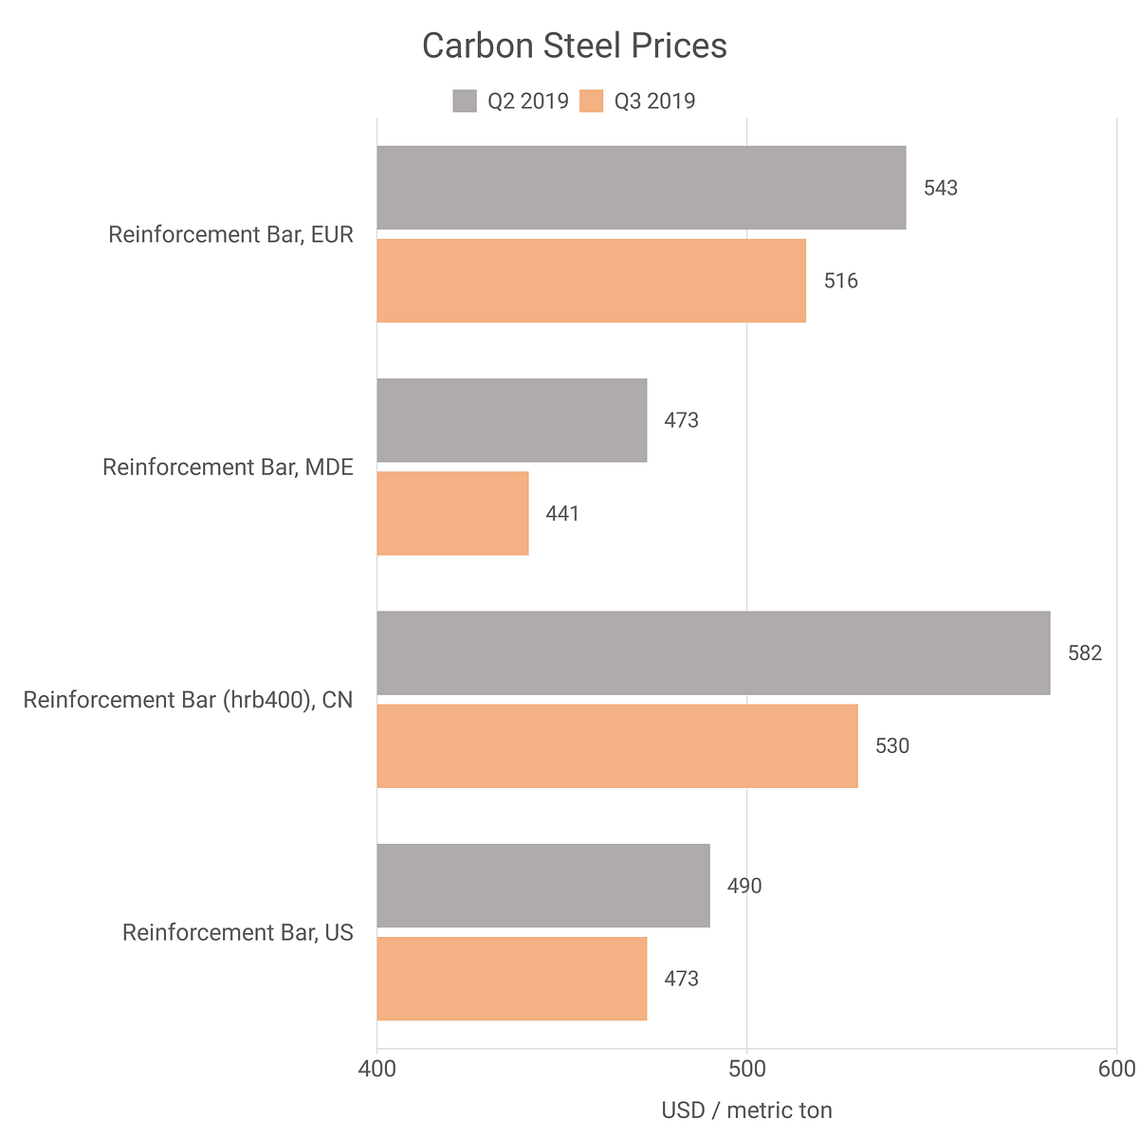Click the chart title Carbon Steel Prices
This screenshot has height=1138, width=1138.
(574, 46)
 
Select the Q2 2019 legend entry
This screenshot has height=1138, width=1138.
(511, 101)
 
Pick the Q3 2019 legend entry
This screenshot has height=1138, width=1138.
(637, 101)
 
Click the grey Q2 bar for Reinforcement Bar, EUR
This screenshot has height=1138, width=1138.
(641, 188)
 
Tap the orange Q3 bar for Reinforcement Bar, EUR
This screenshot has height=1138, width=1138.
(591, 281)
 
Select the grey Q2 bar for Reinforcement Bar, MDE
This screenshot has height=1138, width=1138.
(512, 420)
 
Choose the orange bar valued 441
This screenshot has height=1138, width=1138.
(452, 513)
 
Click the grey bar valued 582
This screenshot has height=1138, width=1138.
(713, 652)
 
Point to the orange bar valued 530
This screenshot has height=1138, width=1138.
(617, 745)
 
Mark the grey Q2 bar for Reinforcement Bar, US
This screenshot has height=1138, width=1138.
(543, 886)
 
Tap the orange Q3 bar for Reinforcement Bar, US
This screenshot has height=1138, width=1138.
(512, 979)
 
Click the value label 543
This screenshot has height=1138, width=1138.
(941, 188)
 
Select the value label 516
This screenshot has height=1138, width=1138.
(840, 281)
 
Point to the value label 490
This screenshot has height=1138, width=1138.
(744, 886)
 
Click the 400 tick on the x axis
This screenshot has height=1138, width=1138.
(377, 1069)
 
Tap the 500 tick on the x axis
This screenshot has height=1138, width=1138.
(747, 1069)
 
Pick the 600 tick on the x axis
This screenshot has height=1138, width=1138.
(1115, 1069)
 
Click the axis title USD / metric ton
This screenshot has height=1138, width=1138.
(746, 1110)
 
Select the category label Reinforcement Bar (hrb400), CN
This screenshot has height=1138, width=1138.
(188, 700)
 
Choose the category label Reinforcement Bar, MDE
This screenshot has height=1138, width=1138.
(228, 467)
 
